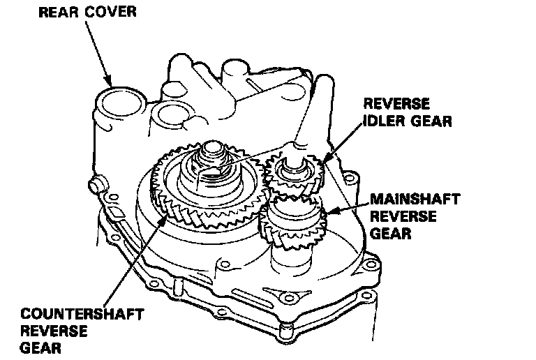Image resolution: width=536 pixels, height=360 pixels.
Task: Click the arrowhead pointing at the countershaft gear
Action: click(x=165, y=220)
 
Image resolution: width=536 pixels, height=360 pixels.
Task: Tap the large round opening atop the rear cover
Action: click(x=116, y=103)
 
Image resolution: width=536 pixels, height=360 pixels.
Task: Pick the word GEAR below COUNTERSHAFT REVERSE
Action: click(x=40, y=347)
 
